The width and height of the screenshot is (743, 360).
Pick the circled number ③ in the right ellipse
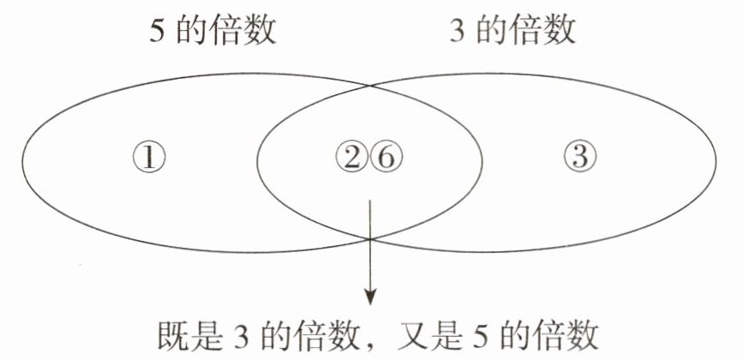click(x=580, y=157)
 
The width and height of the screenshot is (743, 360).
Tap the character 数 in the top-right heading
click(x=560, y=33)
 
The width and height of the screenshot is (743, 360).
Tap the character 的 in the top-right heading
click(x=495, y=33)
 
